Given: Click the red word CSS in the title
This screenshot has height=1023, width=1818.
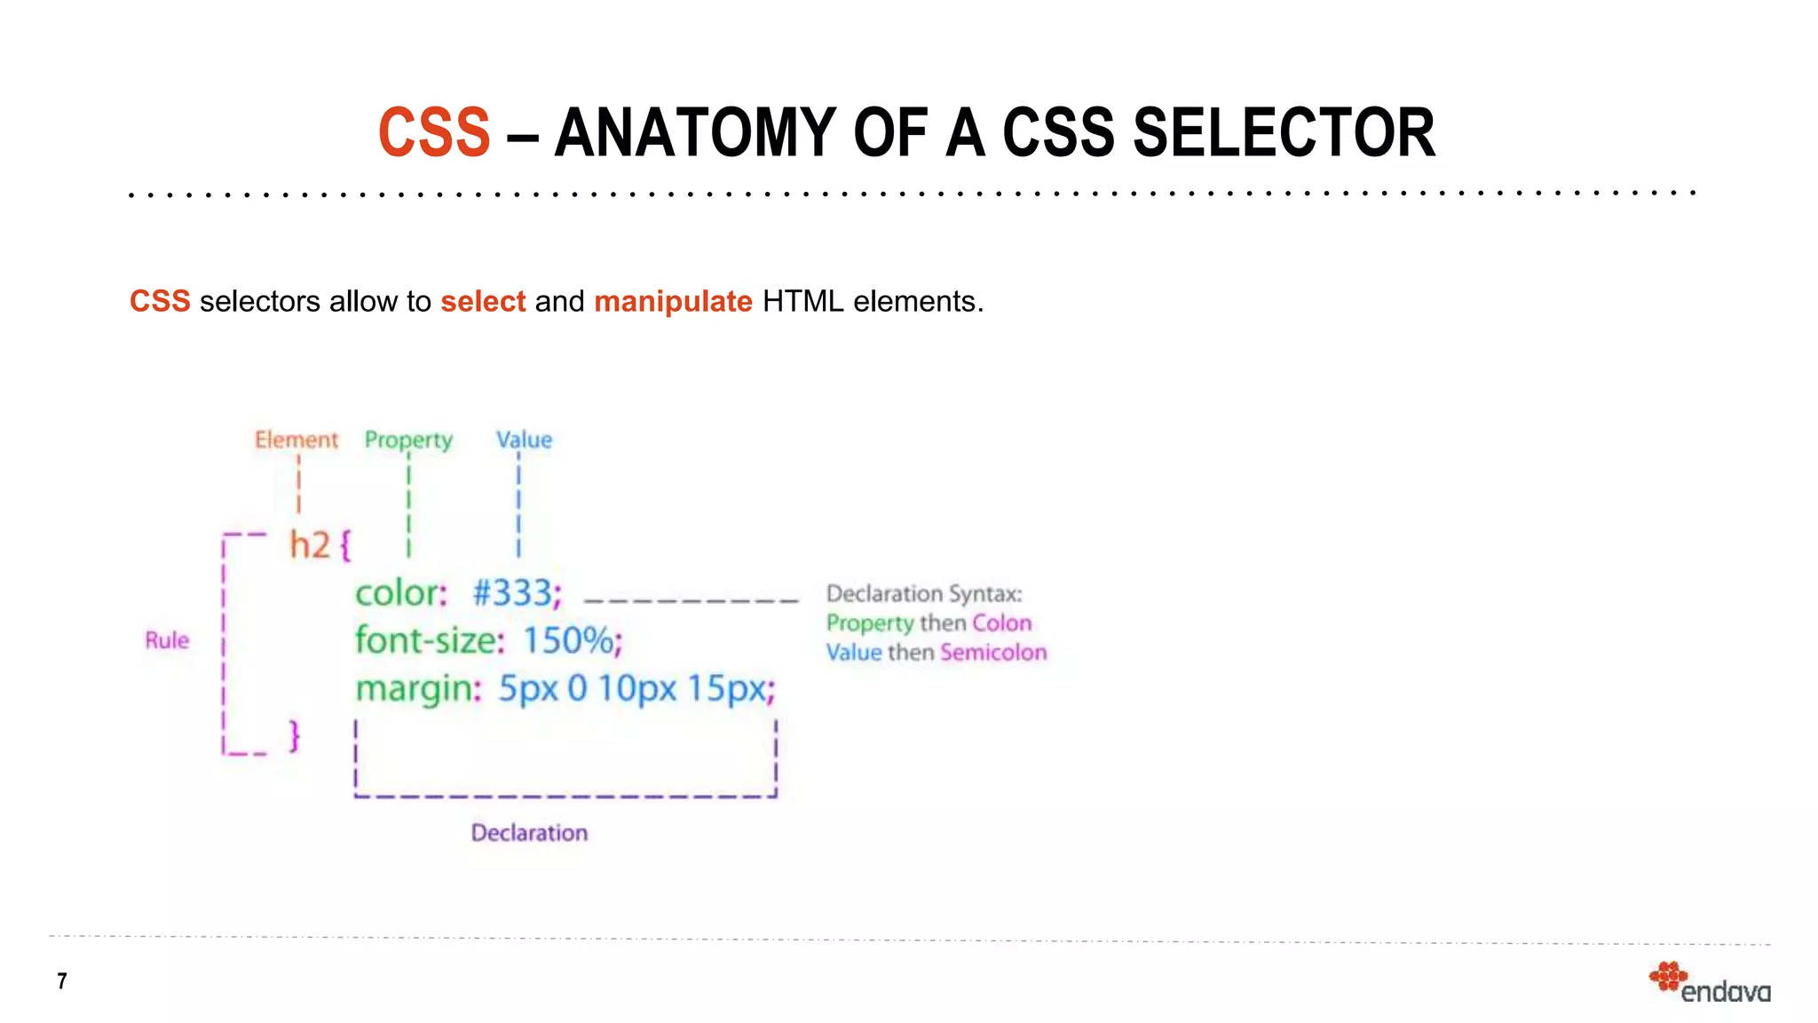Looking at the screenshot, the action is point(434,133).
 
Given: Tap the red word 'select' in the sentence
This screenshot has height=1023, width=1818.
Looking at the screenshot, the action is point(483,302).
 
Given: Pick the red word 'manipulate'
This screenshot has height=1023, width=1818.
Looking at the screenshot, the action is point(673,302).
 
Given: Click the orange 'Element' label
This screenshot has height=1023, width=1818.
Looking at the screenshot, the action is point(296,440).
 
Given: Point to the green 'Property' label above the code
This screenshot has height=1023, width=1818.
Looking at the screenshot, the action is point(408,440).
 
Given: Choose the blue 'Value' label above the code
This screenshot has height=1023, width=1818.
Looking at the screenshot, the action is point(524,440).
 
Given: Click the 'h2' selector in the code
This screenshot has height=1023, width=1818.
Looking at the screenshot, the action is point(310,544).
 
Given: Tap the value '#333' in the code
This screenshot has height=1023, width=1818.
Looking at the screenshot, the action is point(512,592).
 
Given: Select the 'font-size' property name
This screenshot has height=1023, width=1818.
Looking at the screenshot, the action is point(426,639).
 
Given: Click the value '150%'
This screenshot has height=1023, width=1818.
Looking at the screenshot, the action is point(568,640).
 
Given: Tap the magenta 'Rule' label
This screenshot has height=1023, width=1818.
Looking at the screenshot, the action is point(167,640).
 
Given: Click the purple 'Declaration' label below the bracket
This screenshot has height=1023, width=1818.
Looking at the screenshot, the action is point(529,833).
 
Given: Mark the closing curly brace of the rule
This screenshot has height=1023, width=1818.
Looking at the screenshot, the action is point(295,736).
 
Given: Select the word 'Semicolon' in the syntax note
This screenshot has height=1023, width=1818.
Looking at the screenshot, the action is point(993,653).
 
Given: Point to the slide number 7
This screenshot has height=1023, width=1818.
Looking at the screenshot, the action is point(62,981).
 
